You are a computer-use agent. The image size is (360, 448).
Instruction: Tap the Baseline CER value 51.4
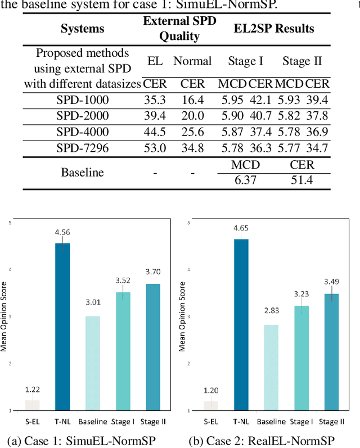point(301,180)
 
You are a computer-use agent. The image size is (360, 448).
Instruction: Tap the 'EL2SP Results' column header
point(273,29)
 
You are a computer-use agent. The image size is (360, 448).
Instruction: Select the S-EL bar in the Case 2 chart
point(211,405)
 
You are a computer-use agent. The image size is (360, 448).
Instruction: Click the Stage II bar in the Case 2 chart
point(331,352)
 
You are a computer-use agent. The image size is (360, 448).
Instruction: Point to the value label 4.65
point(241,229)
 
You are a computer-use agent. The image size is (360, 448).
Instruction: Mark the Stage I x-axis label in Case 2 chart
point(301,421)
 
